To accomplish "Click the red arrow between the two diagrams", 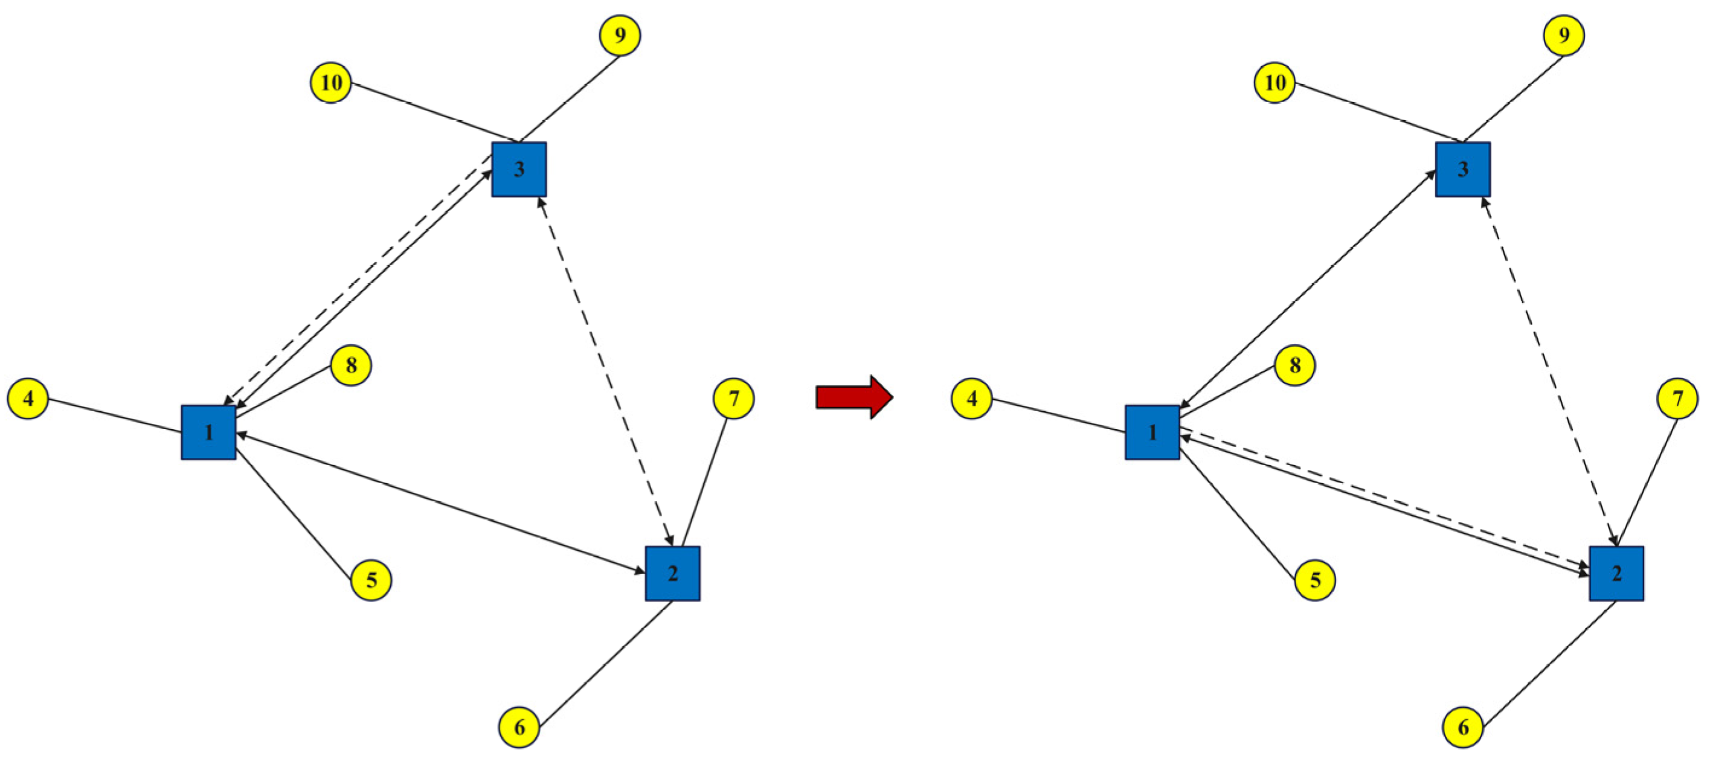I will (x=853, y=397).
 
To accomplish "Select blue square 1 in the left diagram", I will (x=208, y=432).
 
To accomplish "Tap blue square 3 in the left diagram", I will (x=519, y=169).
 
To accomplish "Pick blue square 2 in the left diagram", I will (x=672, y=574).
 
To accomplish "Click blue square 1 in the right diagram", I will (x=1152, y=432).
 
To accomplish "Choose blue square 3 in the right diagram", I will (x=1463, y=169).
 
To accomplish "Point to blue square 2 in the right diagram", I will (x=1616, y=574).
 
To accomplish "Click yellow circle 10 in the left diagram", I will (x=331, y=83).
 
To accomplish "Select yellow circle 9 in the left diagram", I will (x=620, y=35).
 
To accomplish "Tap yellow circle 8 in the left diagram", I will (x=351, y=365).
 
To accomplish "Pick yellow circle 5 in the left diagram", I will (x=371, y=580).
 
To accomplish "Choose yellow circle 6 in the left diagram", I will (x=519, y=728).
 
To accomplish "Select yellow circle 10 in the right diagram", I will (x=1274, y=83).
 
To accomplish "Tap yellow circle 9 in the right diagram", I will (x=1564, y=35).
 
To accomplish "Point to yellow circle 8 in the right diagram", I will (x=1294, y=365).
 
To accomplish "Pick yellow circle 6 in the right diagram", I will (x=1463, y=728).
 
